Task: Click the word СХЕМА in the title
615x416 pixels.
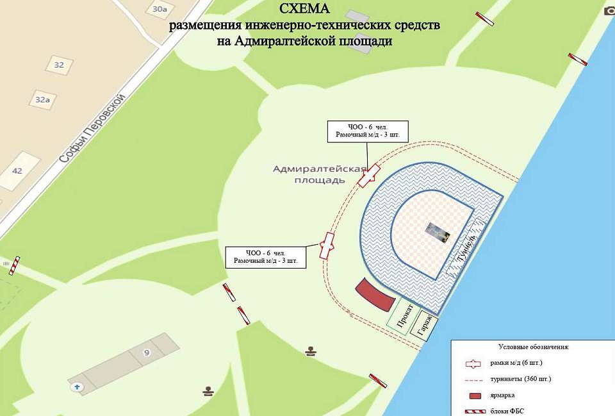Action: point(306,9)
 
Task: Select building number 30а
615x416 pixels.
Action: point(160,8)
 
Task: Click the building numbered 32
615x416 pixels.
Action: point(59,65)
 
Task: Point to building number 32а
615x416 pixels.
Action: point(42,99)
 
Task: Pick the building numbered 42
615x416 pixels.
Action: point(17,171)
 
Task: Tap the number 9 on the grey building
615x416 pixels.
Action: point(146,353)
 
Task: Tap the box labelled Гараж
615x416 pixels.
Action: point(425,324)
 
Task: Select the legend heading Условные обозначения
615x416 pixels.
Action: point(534,347)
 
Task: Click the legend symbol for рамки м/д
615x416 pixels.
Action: point(473,363)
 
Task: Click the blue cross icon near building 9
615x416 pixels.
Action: point(78,387)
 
